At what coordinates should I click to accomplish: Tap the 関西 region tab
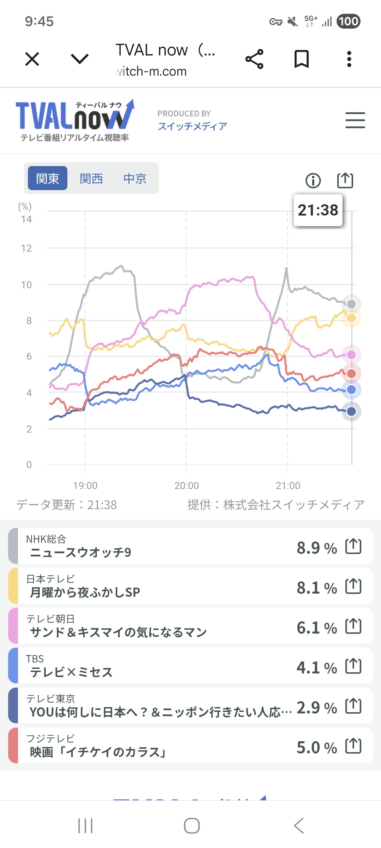(91, 178)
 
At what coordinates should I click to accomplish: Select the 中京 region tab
(135, 178)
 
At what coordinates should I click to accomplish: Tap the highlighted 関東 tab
(48, 178)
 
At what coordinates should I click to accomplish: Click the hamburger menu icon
(355, 120)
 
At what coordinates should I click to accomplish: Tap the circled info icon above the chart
(313, 181)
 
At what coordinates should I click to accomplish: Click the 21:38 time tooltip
(318, 210)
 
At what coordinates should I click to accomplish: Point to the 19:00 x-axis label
(85, 485)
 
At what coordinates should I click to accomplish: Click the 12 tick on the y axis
(26, 248)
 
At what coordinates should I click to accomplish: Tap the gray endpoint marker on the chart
(351, 304)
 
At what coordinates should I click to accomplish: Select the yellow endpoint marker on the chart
(351, 318)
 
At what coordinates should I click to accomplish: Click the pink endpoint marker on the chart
(351, 355)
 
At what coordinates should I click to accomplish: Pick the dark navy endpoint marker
(351, 411)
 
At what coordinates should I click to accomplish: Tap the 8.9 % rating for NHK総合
(316, 548)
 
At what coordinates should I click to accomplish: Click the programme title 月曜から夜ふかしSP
(85, 592)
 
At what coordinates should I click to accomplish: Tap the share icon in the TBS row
(353, 666)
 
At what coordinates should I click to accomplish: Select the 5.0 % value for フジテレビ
(316, 748)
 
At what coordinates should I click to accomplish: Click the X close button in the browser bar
(32, 59)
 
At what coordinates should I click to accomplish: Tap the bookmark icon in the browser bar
(302, 59)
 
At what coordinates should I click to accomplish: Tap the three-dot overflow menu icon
(349, 59)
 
